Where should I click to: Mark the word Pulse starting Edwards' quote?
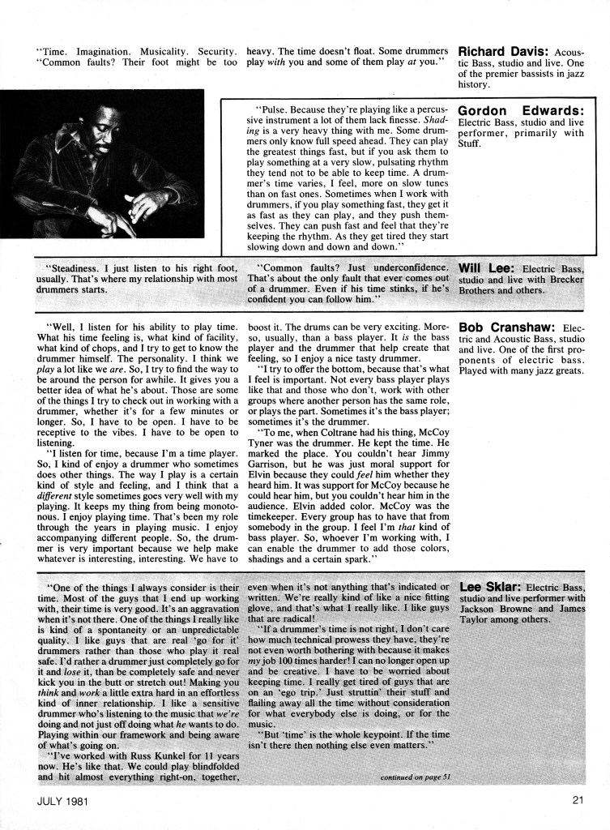pos(271,107)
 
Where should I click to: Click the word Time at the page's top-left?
pos(53,49)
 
